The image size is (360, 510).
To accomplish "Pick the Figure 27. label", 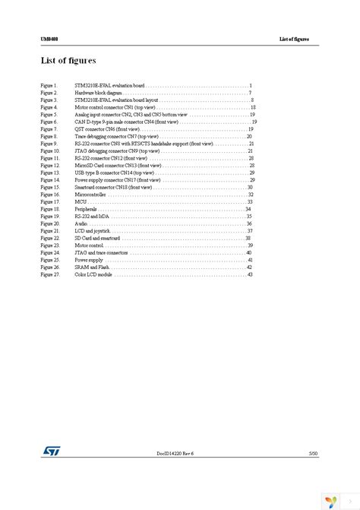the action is pyautogui.click(x=50, y=274).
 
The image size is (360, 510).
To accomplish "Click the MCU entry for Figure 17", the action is pyautogui.click(x=80, y=201).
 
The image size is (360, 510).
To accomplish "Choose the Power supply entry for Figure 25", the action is pyautogui.click(x=89, y=260).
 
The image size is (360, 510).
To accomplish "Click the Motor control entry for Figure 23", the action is pyautogui.click(x=90, y=245).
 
